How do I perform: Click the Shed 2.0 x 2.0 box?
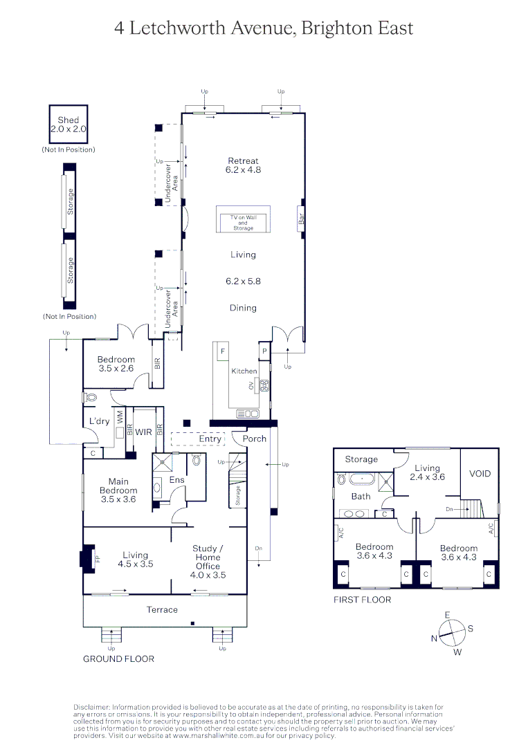pos(68,124)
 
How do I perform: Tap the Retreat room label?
pos(243,165)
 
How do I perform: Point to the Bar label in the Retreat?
pos(301,219)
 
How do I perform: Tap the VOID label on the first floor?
pos(480,474)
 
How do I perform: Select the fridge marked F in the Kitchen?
pos(222,351)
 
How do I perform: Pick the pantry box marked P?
pos(264,351)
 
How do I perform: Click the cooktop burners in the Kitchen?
pos(264,385)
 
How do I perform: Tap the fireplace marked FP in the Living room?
pos(88,557)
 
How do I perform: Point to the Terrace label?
pos(162,609)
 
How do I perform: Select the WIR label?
pos(143,432)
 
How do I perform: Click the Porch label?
pos(254,439)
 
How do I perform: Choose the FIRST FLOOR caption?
pos(362,600)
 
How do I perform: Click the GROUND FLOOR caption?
pos(118,658)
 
